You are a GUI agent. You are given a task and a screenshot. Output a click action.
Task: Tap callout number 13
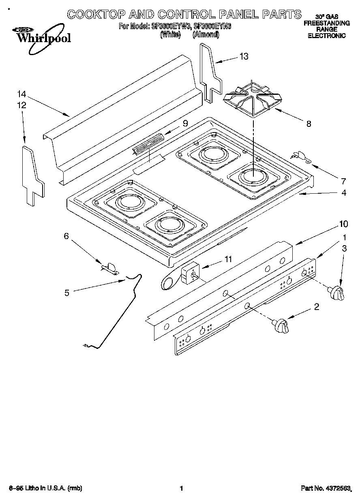pos(244,56)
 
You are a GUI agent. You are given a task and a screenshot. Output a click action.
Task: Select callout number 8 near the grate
pos(309,124)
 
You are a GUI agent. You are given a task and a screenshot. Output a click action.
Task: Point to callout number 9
pos(185,124)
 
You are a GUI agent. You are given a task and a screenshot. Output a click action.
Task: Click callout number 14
pos(21,94)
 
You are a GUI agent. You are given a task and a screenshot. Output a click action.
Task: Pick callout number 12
pos(21,105)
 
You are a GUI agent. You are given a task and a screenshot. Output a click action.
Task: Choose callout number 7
pos(343,181)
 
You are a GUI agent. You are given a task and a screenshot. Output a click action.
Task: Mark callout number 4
pos(344,193)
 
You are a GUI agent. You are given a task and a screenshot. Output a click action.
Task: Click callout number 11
pos(228,259)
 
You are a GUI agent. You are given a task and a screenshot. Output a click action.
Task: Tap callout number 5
pos(67,293)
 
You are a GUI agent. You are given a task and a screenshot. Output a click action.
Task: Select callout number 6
pos(67,236)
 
